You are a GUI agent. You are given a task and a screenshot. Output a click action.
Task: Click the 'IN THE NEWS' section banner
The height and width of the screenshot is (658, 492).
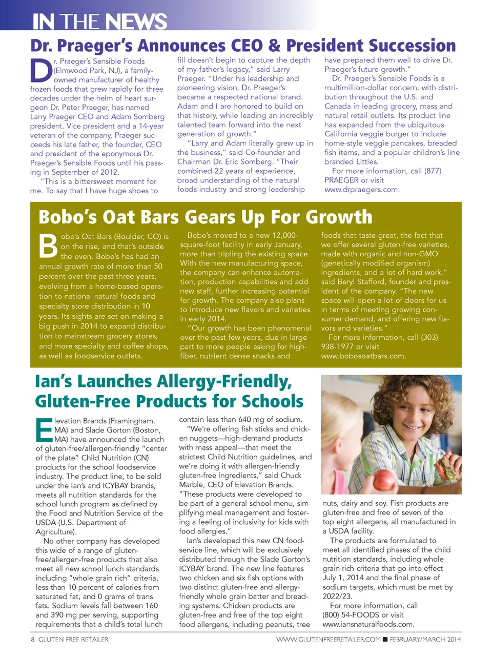point(100,22)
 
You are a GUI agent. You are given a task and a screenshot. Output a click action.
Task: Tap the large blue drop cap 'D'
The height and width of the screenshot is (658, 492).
point(41,70)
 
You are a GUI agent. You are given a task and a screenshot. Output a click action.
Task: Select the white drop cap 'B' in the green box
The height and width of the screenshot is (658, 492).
point(49,246)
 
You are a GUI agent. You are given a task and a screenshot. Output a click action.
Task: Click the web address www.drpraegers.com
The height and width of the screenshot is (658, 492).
point(361,190)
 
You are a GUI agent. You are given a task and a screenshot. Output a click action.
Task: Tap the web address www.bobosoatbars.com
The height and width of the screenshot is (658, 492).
point(363,356)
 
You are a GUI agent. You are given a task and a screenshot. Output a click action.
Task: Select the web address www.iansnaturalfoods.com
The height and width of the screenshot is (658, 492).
point(368,624)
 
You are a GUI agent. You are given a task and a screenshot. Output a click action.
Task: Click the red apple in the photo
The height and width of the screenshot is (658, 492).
point(383,480)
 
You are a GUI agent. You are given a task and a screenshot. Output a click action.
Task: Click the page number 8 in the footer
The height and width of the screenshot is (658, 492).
point(33,640)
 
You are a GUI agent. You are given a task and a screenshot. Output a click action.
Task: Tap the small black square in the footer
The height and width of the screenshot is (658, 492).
point(385,640)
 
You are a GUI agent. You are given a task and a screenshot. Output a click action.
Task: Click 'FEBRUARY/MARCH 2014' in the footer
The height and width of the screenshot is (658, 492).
point(425,640)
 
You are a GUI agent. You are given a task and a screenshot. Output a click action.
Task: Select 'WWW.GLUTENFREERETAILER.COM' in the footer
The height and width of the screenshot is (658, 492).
point(328,640)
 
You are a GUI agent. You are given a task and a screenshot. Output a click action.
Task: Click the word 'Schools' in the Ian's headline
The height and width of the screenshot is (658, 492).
point(273,401)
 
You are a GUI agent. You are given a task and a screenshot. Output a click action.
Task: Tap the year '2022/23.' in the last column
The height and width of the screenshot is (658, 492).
point(338,596)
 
